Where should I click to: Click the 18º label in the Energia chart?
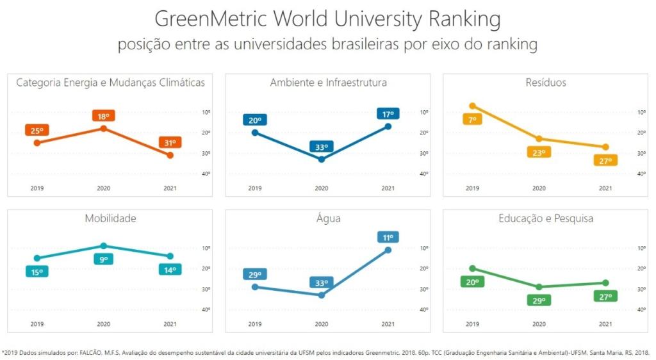click(x=103, y=116)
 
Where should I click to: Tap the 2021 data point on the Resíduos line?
click(x=605, y=147)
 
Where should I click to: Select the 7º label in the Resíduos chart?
click(x=472, y=119)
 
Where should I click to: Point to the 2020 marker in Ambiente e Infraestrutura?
click(x=322, y=159)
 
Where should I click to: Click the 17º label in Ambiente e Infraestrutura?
click(x=388, y=114)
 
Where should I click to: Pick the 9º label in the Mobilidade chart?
click(x=103, y=259)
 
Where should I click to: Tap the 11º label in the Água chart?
click(x=388, y=237)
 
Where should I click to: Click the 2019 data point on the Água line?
click(x=255, y=286)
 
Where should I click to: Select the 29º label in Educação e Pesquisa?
click(x=539, y=300)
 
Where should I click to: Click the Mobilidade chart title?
click(x=110, y=218)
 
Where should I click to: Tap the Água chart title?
click(x=328, y=218)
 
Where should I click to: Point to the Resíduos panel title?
click(x=545, y=83)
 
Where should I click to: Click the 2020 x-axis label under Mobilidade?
click(x=103, y=324)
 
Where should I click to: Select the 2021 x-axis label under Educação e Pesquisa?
click(x=605, y=324)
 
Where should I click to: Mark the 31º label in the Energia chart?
click(x=170, y=143)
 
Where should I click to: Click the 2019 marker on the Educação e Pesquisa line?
click(x=472, y=268)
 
